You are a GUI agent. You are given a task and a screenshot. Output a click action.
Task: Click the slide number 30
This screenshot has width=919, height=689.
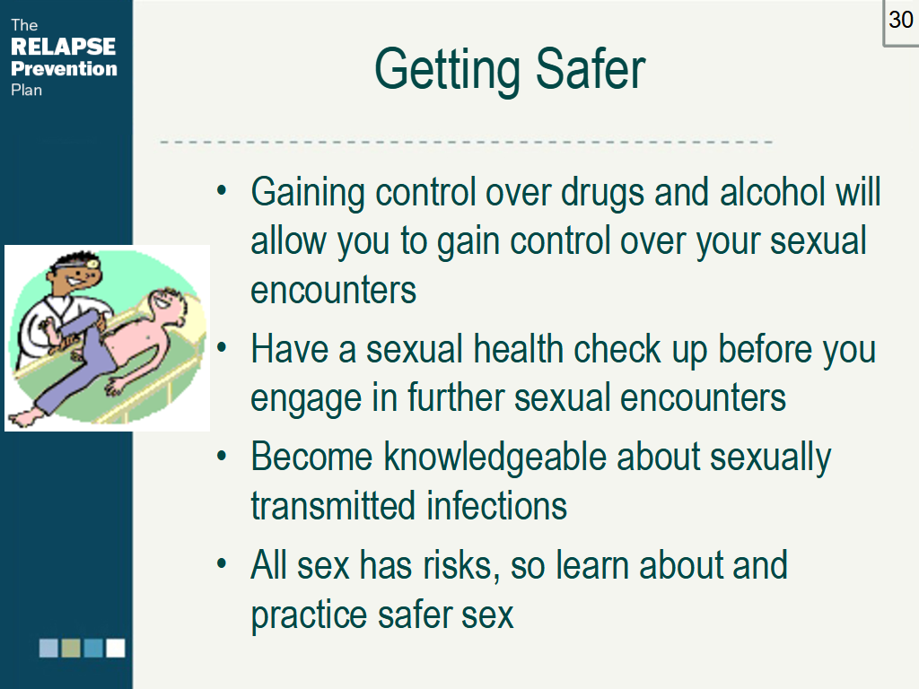tap(901, 20)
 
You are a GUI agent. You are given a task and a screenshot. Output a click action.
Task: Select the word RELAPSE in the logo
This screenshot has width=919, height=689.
tap(64, 47)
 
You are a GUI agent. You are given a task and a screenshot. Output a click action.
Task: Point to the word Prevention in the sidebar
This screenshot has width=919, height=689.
tap(64, 68)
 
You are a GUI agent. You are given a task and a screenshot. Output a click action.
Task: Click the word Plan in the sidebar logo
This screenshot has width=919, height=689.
tap(26, 91)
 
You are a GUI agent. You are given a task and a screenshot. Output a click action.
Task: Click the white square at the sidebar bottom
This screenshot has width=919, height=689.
tap(116, 648)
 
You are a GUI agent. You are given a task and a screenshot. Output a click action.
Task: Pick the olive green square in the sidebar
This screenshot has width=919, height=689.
tap(71, 648)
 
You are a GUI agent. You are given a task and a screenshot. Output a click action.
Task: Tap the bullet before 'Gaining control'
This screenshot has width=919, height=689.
tap(221, 190)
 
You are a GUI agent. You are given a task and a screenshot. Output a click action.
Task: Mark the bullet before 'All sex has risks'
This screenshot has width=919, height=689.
tap(221, 564)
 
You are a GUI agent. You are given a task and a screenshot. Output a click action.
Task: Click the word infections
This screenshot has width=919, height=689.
tap(496, 506)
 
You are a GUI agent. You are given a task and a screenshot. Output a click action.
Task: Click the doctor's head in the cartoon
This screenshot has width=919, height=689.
tap(75, 274)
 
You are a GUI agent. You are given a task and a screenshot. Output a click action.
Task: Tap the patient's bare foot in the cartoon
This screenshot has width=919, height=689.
tap(26, 417)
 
